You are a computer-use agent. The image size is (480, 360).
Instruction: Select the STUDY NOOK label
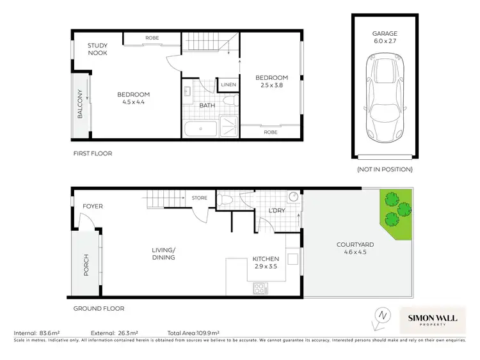(x=97, y=49)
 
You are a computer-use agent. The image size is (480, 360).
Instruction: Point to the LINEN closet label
(x=228, y=85)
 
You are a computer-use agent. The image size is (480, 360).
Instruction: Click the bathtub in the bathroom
(x=201, y=129)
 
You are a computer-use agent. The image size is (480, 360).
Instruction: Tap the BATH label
(x=206, y=106)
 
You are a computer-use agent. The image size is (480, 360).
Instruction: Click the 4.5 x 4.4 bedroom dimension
(x=133, y=102)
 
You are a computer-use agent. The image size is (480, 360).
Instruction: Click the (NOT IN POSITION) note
(x=385, y=169)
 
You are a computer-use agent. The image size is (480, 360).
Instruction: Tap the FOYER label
(x=93, y=207)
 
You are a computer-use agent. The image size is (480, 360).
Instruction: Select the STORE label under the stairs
(x=200, y=198)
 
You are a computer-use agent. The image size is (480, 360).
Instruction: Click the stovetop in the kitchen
(x=261, y=288)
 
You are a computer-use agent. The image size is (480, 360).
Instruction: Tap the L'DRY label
(x=276, y=210)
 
